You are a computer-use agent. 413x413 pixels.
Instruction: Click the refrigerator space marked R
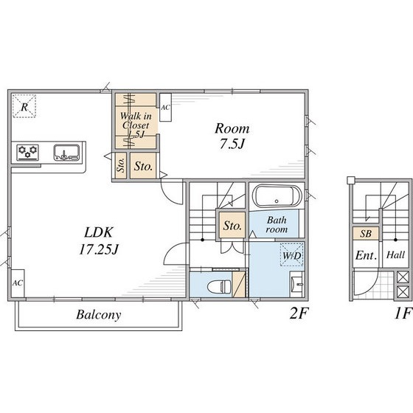(24, 106)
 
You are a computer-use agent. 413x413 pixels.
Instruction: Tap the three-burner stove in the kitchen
(28, 152)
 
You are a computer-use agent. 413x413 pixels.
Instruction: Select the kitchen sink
(66, 152)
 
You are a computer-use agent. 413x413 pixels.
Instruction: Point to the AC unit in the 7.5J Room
(165, 107)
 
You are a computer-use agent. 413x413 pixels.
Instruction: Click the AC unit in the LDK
(18, 283)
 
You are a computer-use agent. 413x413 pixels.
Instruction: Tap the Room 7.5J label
(232, 136)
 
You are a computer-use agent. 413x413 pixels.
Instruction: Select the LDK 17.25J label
(99, 240)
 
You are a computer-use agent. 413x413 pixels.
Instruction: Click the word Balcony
(99, 315)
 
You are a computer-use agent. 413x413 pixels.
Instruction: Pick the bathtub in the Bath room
(277, 196)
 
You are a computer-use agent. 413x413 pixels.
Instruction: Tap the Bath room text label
(277, 224)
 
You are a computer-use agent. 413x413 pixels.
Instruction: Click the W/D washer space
(291, 254)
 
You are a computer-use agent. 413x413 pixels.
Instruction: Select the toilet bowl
(219, 287)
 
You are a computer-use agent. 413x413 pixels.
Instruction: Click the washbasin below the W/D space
(297, 284)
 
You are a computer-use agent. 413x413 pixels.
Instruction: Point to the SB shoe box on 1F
(366, 233)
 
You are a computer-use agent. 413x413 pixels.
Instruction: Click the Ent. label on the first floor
(366, 255)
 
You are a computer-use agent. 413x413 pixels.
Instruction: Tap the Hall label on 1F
(395, 254)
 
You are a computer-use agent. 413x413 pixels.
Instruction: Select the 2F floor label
(299, 313)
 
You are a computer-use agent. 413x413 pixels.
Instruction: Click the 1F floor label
(403, 313)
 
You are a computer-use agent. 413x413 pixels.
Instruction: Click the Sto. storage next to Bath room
(232, 226)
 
